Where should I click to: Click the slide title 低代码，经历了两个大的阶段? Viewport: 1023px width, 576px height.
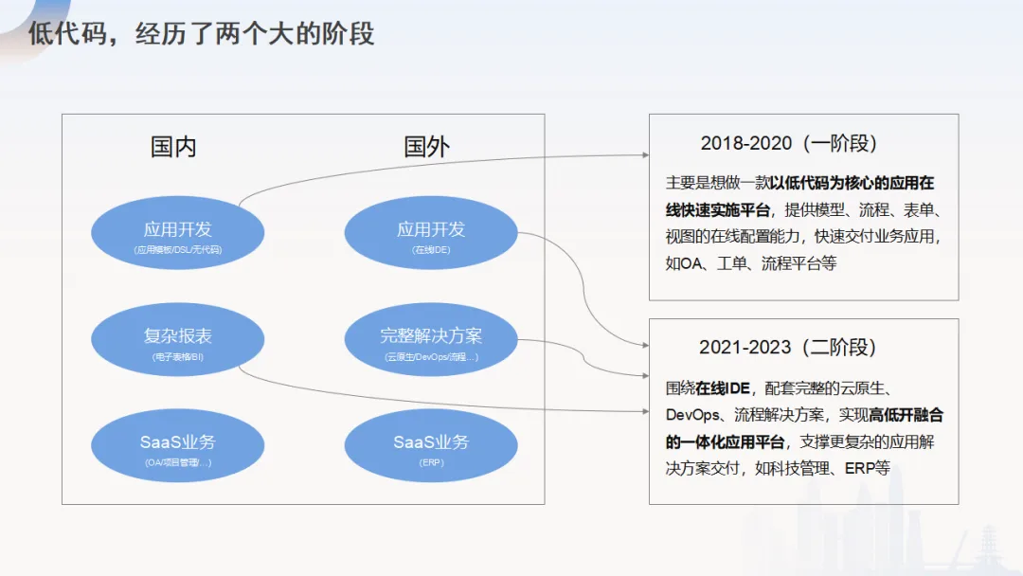201,35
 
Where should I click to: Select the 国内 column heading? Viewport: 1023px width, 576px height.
173,147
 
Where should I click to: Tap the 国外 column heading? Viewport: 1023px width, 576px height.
426,147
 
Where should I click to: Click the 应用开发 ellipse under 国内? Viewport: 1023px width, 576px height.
178,234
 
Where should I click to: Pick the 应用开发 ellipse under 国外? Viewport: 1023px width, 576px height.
431,234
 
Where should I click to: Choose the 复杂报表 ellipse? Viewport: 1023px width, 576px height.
178,340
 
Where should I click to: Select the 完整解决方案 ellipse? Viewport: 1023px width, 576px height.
431,340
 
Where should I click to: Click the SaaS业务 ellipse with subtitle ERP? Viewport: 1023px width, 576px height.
431,446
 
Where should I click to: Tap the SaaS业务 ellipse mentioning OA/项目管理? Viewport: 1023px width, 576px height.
178,446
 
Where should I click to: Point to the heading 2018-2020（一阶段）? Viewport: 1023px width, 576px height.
789,144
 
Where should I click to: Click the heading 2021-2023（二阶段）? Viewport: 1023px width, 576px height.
788,348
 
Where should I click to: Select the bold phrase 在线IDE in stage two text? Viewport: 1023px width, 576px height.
723,388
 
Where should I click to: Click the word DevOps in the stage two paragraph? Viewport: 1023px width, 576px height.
695,415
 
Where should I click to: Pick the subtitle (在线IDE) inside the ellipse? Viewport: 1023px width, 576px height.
431,250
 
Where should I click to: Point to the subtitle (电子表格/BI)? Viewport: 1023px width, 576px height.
178,357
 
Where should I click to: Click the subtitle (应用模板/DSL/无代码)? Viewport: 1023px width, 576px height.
178,250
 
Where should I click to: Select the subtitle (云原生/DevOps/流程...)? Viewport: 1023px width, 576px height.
431,357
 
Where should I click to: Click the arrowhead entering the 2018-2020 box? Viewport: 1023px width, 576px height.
645,155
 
